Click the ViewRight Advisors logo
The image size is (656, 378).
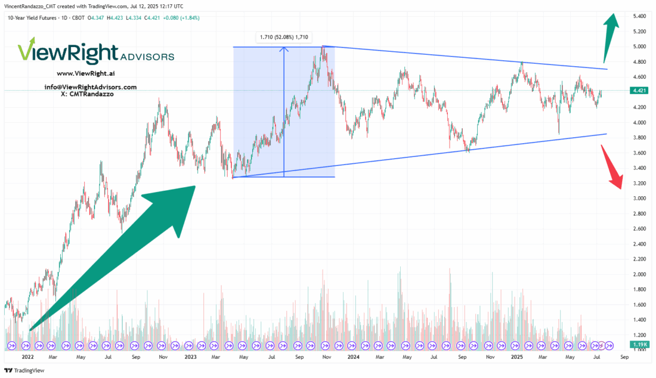tap(95, 53)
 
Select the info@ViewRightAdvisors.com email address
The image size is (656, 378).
tap(91, 86)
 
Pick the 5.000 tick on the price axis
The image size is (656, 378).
tap(640, 47)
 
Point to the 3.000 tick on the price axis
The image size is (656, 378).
tap(640, 198)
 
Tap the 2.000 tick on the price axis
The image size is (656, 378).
tap(640, 274)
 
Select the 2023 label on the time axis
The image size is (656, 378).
tap(190, 357)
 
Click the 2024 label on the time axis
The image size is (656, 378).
tap(354, 357)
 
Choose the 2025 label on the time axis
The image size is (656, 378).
tap(516, 357)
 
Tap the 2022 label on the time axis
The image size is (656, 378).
tap(27, 357)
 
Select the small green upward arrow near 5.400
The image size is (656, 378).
tap(609, 33)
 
